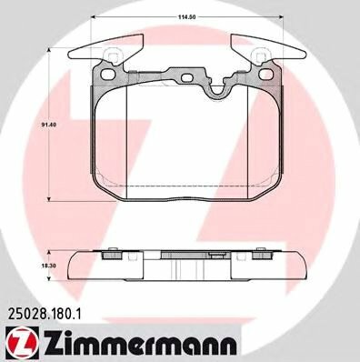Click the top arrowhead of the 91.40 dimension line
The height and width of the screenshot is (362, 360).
click(49, 47)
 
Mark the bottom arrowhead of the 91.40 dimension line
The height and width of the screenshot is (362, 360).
click(49, 202)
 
